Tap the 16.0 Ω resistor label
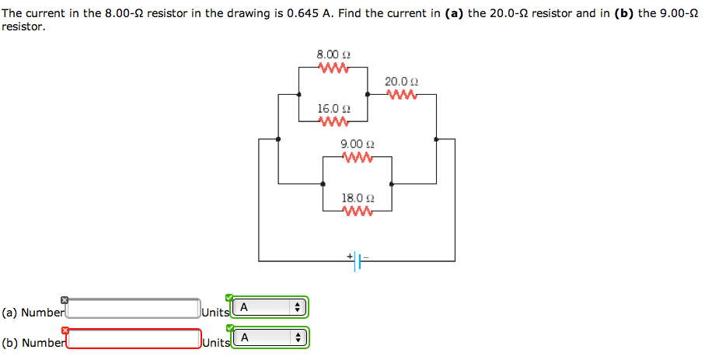tap(333, 108)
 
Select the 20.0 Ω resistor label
tap(402, 82)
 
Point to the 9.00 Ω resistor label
tap(358, 144)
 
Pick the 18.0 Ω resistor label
tap(358, 198)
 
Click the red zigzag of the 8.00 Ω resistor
tap(333, 68)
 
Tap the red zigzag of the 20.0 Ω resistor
tap(402, 95)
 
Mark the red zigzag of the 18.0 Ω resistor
tap(358, 211)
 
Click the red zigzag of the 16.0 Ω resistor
tap(333, 121)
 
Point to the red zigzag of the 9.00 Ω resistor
tap(358, 157)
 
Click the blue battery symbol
tap(358, 261)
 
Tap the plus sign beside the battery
tap(350, 255)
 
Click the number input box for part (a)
tap(134, 309)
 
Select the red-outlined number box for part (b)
tap(134, 339)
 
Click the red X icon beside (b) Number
tap(65, 330)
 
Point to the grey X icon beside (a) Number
tap(65, 300)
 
